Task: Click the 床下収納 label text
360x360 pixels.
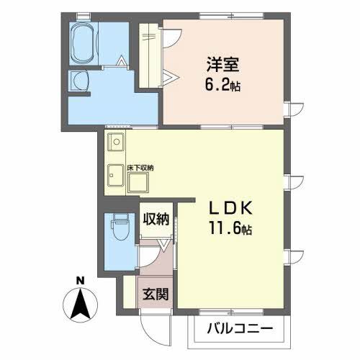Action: pos(142,168)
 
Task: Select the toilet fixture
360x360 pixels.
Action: pos(118,232)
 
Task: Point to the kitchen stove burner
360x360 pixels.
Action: pos(115,143)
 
